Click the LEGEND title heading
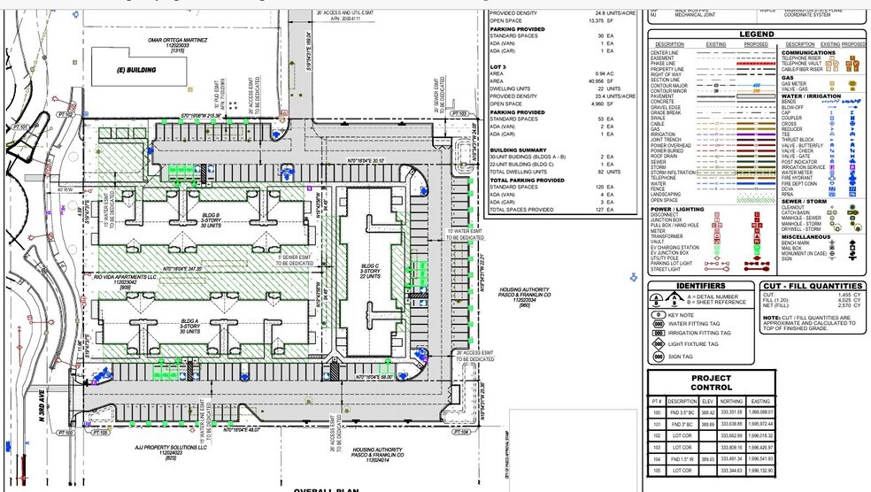coord(757,34)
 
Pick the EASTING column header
coord(760,400)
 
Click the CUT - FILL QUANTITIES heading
coord(813,286)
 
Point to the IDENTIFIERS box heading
coord(701,286)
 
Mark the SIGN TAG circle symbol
coord(659,357)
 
